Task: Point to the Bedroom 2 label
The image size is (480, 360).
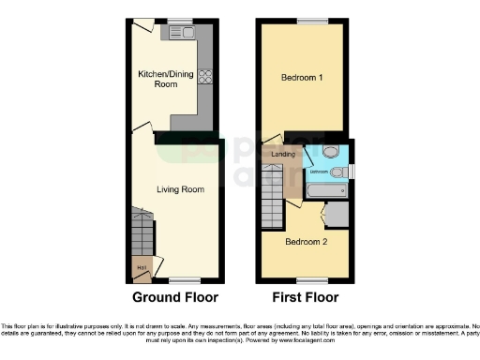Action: [305, 242]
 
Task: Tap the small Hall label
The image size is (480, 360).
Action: [142, 268]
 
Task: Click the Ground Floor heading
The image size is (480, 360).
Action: [175, 297]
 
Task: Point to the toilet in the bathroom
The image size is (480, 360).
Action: [331, 152]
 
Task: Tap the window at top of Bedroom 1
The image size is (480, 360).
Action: [306, 21]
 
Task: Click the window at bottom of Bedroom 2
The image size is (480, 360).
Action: [306, 279]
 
